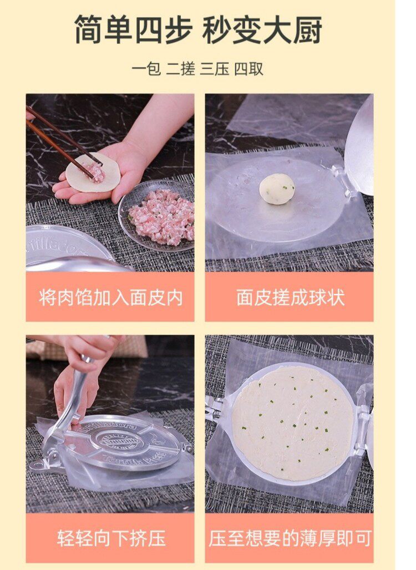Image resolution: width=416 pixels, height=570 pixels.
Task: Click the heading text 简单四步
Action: click(134, 30)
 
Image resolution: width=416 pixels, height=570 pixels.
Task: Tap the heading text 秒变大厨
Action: click(262, 30)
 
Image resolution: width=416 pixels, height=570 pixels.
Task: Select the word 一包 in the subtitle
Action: click(146, 69)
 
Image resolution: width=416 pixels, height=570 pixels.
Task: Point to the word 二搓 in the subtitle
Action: click(180, 69)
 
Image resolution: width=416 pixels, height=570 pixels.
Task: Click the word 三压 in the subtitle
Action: click(214, 69)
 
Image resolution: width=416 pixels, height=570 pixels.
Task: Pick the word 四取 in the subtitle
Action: click(248, 69)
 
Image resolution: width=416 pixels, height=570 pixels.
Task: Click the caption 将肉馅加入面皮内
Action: click(110, 297)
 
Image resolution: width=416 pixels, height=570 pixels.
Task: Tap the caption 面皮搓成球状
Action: click(290, 297)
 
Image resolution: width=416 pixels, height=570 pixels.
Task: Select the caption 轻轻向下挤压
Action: click(110, 537)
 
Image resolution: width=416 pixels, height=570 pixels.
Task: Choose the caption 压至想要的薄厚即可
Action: click(290, 537)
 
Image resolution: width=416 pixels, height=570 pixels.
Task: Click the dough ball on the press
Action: click(277, 189)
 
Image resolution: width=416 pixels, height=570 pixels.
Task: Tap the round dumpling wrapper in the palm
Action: click(93, 172)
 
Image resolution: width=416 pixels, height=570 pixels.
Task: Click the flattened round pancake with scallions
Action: click(292, 423)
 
